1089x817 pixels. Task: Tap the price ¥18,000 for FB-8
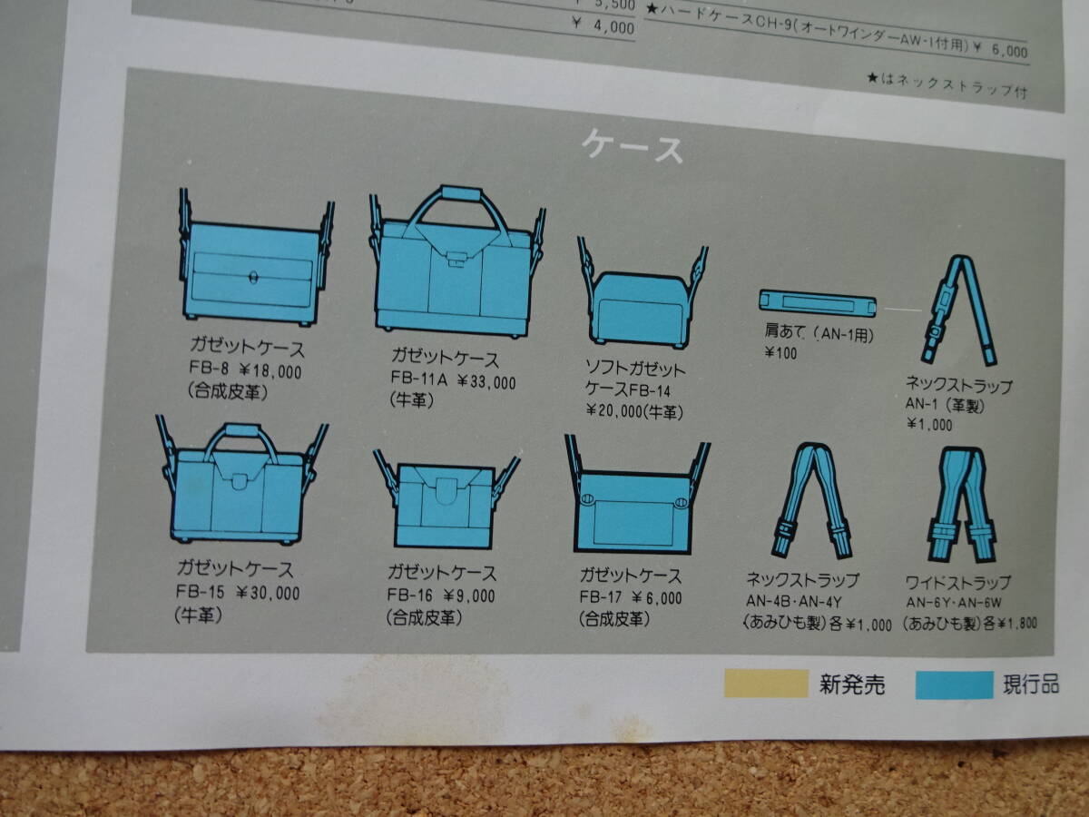[270, 371]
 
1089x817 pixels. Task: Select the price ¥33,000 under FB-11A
[486, 382]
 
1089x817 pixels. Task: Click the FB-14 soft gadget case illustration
[642, 296]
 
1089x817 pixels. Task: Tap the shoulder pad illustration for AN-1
[818, 303]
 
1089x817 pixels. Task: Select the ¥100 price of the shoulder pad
[780, 354]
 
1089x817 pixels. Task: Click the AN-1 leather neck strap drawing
[959, 310]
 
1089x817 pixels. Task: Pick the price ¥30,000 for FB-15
[268, 593]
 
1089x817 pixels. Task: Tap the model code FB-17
[599, 596]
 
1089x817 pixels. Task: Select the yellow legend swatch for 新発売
[766, 683]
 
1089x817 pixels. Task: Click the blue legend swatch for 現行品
[954, 685]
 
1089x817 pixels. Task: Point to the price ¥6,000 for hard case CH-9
[1001, 51]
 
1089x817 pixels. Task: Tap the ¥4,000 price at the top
[603, 25]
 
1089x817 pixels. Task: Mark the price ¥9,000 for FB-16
[469, 596]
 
